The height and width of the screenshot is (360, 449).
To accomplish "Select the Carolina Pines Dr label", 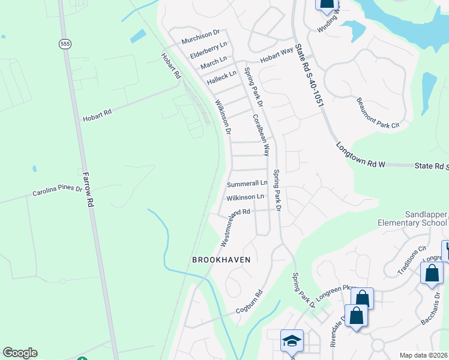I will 57,190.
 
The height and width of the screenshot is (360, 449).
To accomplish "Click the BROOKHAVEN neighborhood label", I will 220,260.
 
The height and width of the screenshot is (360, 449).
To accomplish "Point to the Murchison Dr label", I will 201,35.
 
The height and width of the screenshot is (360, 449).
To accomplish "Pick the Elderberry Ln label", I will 208,49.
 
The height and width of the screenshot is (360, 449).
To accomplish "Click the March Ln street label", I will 214,62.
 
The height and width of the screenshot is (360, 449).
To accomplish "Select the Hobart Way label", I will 276,55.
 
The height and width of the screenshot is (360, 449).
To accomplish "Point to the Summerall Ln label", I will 247,182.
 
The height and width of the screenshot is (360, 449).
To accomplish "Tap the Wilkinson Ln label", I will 245,197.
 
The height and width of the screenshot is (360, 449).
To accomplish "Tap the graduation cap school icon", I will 292,341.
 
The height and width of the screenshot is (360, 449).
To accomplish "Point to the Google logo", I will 20,353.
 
